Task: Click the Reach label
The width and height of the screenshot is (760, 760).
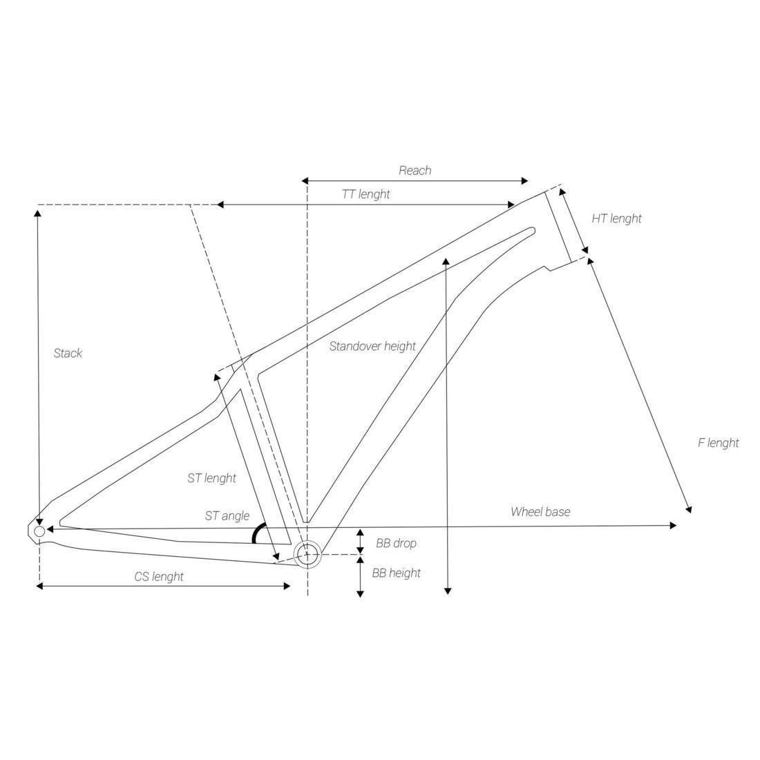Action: pyautogui.click(x=415, y=171)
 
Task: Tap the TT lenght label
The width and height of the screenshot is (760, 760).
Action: pyautogui.click(x=366, y=194)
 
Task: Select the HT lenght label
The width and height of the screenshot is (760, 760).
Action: pyautogui.click(x=616, y=218)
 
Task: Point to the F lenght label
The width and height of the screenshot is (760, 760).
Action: pyautogui.click(x=719, y=443)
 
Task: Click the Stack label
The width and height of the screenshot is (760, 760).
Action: pyautogui.click(x=68, y=353)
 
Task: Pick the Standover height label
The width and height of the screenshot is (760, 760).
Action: pyautogui.click(x=372, y=346)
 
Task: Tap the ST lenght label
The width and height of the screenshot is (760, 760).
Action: pyautogui.click(x=212, y=478)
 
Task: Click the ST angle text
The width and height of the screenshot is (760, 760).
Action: pyautogui.click(x=227, y=515)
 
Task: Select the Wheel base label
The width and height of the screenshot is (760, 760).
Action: pyautogui.click(x=540, y=512)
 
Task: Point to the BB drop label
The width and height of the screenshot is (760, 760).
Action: pyautogui.click(x=396, y=543)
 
